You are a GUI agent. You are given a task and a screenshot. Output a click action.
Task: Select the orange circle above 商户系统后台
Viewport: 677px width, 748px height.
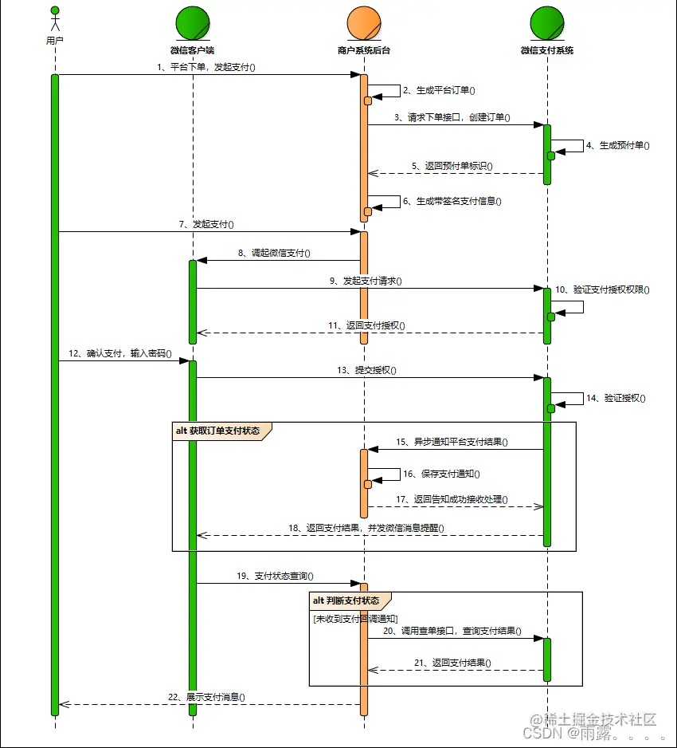[363, 23]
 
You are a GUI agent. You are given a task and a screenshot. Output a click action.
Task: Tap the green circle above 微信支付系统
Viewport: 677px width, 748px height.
[546, 23]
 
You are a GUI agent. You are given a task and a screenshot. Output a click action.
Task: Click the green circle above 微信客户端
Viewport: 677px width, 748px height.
[192, 23]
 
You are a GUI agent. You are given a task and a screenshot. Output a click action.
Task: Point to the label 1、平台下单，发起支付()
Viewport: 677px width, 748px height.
[205, 68]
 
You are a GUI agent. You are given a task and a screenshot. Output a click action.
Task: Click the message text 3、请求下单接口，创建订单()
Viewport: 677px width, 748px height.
[452, 117]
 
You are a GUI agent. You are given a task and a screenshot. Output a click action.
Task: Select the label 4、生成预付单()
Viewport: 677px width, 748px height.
[617, 145]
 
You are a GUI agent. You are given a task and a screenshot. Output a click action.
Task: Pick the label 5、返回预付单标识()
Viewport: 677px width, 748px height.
[452, 167]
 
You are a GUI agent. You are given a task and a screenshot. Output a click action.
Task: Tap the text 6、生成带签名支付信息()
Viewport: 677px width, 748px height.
[452, 202]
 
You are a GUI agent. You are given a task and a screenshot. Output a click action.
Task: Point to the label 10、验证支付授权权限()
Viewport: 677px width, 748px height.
[602, 289]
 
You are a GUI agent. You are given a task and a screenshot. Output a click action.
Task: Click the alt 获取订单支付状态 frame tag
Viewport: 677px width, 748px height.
[221, 431]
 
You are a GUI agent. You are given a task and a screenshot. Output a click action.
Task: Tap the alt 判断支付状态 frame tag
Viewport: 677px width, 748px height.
[350, 600]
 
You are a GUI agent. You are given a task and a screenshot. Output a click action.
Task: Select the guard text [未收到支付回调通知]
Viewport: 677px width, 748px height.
[355, 618]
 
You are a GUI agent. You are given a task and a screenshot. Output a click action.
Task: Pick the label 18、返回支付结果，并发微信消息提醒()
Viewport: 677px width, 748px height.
[366, 528]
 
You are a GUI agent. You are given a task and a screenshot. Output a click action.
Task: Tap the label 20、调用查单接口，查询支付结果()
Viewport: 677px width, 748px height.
[452, 631]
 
